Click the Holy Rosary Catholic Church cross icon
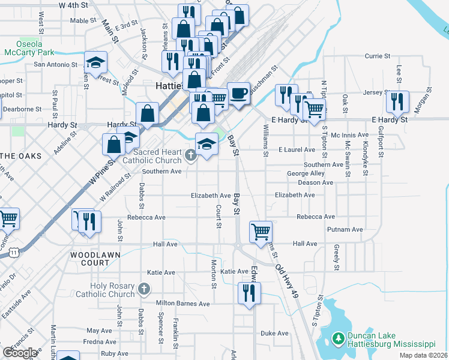[x=143, y=290]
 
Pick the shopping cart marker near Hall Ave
[x=261, y=231]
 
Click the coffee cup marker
[x=239, y=93]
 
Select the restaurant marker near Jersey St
[x=397, y=101]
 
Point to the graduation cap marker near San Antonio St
[x=94, y=62]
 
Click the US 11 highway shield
[x=13, y=253]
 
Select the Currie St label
[x=378, y=56]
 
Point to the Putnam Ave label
[x=345, y=229]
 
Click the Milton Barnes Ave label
[x=182, y=304]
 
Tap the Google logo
[x=20, y=353]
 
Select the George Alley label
[x=306, y=173]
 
